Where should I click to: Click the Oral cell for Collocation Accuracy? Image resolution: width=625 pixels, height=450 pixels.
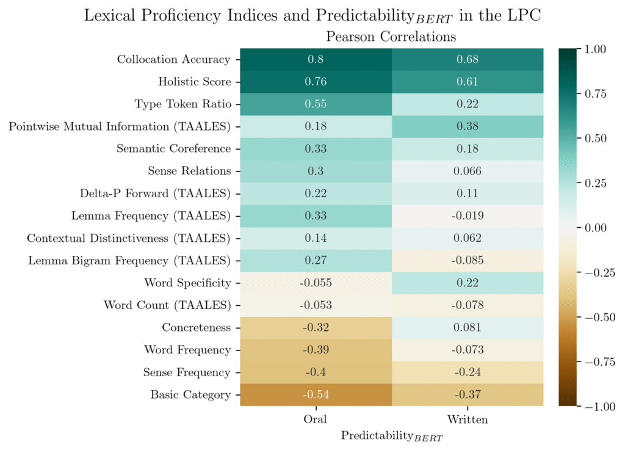pos(316,59)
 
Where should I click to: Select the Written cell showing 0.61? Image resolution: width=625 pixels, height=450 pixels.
pos(467,82)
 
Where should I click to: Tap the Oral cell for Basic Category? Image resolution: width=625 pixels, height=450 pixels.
pos(316,394)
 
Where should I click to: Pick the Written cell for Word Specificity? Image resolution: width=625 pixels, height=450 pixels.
pos(467,283)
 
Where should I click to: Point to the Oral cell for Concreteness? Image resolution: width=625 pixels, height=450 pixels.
pos(316,327)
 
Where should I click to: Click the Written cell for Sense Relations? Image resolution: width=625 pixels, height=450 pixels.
pos(467,171)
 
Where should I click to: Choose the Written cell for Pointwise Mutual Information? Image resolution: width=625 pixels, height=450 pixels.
pos(467,126)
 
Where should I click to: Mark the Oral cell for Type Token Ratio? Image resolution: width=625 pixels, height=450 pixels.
pos(316,104)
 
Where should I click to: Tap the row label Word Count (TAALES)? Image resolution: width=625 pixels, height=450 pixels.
pos(167,305)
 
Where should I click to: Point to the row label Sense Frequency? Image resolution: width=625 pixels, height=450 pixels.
pos(187,372)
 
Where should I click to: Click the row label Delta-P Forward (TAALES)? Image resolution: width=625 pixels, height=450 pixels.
pos(155,194)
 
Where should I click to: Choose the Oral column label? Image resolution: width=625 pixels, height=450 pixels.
pos(316,419)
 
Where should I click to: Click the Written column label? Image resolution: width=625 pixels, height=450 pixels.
pos(467,419)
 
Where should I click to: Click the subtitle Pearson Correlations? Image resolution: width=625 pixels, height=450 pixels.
pos(391,37)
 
